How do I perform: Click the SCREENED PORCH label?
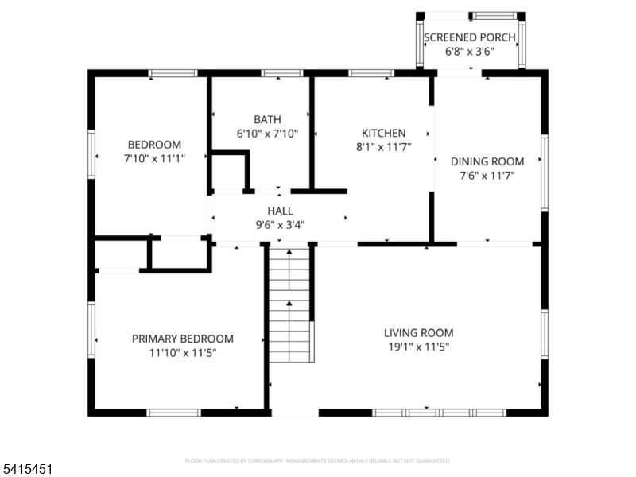point(469,37)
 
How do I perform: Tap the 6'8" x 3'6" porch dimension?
point(469,52)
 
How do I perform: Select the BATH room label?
point(267,119)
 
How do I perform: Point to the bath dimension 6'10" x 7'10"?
point(267,134)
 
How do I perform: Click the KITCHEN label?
point(384,133)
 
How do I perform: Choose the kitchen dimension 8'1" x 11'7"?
point(384,146)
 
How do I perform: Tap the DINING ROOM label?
point(487,161)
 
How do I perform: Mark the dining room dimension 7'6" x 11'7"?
point(487,175)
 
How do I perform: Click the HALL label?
point(280,211)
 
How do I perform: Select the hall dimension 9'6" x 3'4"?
point(280,224)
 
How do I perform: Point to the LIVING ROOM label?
point(419,332)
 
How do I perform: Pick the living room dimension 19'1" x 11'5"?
point(419,347)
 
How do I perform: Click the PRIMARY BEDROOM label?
point(182,338)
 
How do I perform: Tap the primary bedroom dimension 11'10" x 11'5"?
point(182,351)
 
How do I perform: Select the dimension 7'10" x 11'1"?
point(154,159)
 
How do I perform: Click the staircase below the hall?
point(289,302)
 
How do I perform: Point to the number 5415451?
point(27,470)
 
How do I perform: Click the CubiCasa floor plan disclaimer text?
point(318,460)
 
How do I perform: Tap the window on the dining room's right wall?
point(545,173)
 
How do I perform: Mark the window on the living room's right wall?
point(545,334)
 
